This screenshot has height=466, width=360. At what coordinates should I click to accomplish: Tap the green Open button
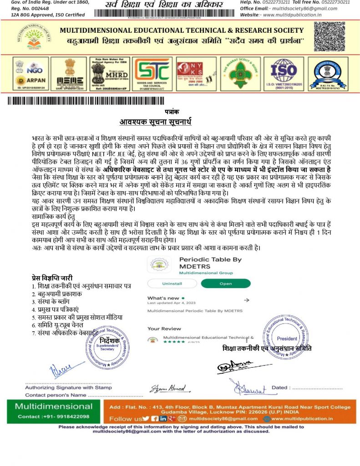[226, 283]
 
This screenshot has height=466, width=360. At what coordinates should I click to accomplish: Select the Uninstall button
[172, 283]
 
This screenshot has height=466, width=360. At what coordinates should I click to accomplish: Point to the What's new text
[163, 298]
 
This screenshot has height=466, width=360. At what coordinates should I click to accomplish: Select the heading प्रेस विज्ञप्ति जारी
[52, 278]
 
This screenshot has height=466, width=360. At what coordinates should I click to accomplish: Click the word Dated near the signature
[279, 388]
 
